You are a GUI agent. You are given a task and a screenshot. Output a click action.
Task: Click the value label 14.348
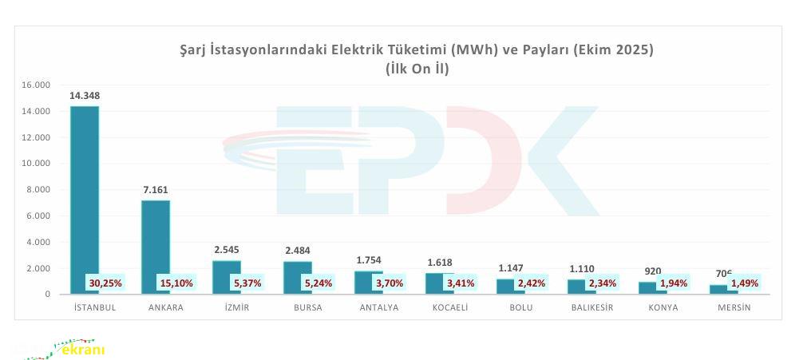pos(85,96)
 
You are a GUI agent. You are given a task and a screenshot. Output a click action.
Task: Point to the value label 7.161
pos(155,190)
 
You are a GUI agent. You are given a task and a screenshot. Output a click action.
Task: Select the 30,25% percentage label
pos(105,283)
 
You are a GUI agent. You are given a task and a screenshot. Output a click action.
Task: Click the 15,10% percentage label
pos(176,283)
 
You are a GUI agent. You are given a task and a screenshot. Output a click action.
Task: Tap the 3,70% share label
pos(390,283)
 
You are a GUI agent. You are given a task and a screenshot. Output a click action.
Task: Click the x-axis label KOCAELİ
pos(450,308)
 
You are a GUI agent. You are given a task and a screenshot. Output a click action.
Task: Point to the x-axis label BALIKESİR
pos(592,308)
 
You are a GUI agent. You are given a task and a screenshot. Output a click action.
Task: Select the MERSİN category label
pos(734,308)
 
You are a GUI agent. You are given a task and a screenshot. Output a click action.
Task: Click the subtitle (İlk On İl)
pos(417,69)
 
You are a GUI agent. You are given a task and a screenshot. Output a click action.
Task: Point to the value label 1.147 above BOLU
pos(511,268)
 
